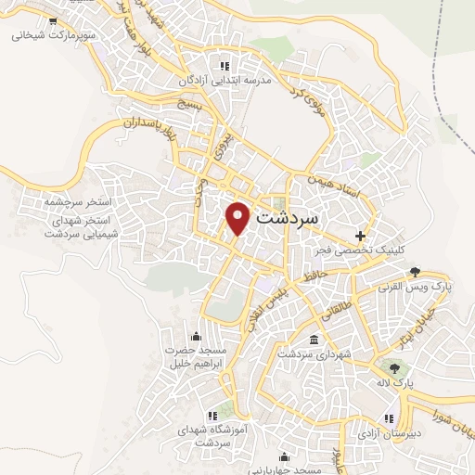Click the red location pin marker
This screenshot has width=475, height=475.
tap(238, 217)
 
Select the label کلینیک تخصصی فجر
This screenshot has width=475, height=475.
tap(369, 250)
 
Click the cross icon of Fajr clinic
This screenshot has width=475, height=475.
tap(361, 235)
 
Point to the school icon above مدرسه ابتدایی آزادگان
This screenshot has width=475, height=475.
tap(224, 67)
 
